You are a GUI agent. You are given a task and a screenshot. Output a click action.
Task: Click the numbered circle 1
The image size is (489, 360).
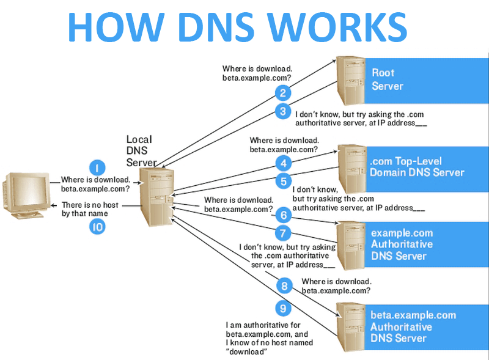coord(97,167)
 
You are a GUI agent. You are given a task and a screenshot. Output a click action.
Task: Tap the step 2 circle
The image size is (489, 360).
coord(282,93)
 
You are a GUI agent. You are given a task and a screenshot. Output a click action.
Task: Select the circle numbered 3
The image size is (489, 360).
coord(282,111)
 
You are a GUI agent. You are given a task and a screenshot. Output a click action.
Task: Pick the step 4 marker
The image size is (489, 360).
coord(282,163)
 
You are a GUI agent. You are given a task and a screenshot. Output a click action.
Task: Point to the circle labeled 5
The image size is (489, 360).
coord(282,181)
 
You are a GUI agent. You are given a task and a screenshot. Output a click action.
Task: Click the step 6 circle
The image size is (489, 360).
coord(282,215)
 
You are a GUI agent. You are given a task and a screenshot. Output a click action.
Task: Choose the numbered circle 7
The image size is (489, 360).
coord(282,233)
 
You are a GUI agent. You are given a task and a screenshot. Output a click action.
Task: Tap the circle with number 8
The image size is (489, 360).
coord(282,285)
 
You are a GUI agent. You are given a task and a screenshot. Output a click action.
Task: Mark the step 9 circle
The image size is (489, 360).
coord(282,307)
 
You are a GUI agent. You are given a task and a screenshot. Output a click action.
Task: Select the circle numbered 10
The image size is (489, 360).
coord(97,227)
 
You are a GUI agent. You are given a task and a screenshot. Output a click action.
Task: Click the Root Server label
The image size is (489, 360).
coord(388,79)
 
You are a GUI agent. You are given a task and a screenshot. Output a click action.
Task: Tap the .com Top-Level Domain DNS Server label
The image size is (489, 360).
coord(416,167)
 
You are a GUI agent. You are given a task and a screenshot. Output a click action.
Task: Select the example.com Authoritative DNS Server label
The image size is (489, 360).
coord(402,244)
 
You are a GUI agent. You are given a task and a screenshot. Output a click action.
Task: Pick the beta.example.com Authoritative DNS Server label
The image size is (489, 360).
coord(413,326)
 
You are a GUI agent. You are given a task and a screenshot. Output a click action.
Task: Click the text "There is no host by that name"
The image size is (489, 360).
coord(90,210)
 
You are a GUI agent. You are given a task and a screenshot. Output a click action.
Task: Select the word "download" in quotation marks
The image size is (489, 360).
coord(247,351)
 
